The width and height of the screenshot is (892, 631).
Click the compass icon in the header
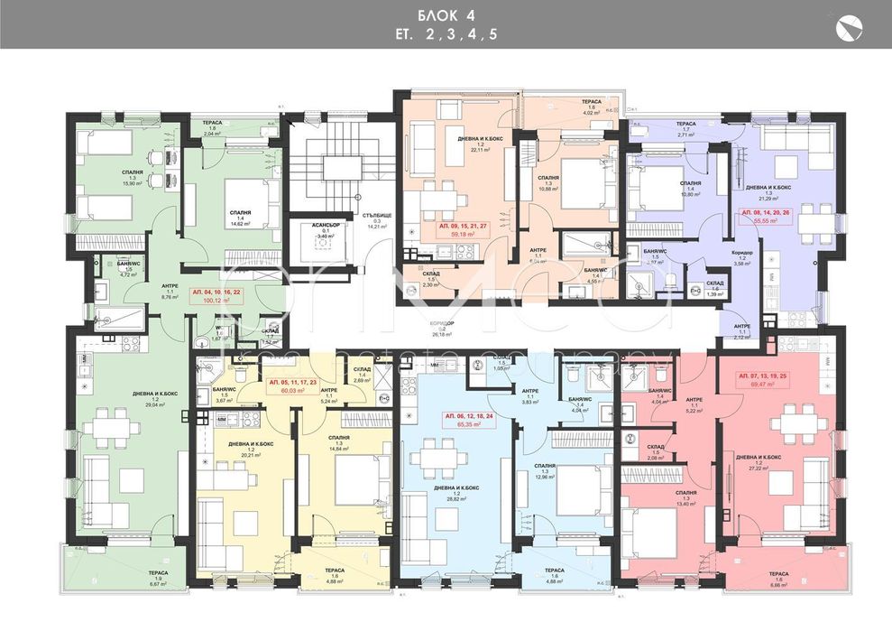pos(850,29)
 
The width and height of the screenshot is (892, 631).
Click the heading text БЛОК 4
pos(445,15)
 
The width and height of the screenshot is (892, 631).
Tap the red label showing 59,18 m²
pos(464,227)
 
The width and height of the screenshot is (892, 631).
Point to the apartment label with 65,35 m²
pos(466,421)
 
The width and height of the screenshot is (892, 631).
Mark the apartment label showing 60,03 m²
pos(293,386)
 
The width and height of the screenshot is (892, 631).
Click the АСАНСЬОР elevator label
pos(320,232)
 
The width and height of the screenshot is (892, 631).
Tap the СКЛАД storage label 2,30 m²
pos(432,282)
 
